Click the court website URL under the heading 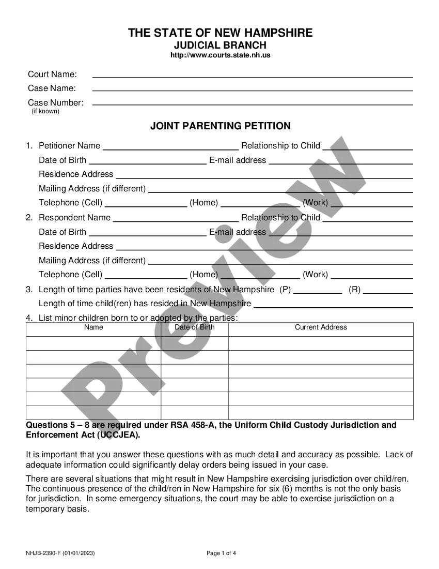220,55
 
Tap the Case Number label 55,102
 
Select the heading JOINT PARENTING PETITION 220,126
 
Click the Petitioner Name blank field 170,147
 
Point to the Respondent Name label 74,217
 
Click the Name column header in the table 93,327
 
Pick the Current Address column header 321,327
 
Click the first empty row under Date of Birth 194,343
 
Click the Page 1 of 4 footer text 222,553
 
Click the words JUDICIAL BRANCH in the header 220,45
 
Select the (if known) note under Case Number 45,111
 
